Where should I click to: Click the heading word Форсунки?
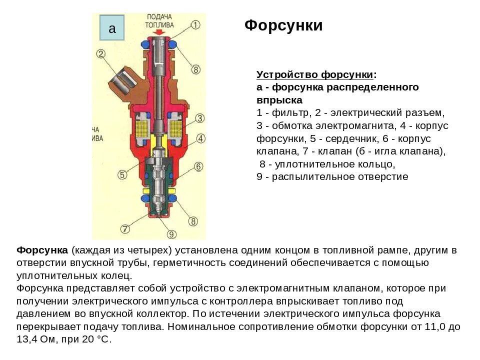283,25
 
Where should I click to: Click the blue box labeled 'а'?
112,28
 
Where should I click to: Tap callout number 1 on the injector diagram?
195,24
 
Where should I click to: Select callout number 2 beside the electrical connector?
101,54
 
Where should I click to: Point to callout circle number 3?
199,118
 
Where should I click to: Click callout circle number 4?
199,138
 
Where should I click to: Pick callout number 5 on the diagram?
121,174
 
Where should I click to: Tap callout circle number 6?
198,166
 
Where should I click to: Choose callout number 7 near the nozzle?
125,229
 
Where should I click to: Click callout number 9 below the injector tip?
171,233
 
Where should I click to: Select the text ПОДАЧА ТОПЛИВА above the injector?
159,20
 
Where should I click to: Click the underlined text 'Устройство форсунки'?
315,74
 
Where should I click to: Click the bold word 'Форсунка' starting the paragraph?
42,249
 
